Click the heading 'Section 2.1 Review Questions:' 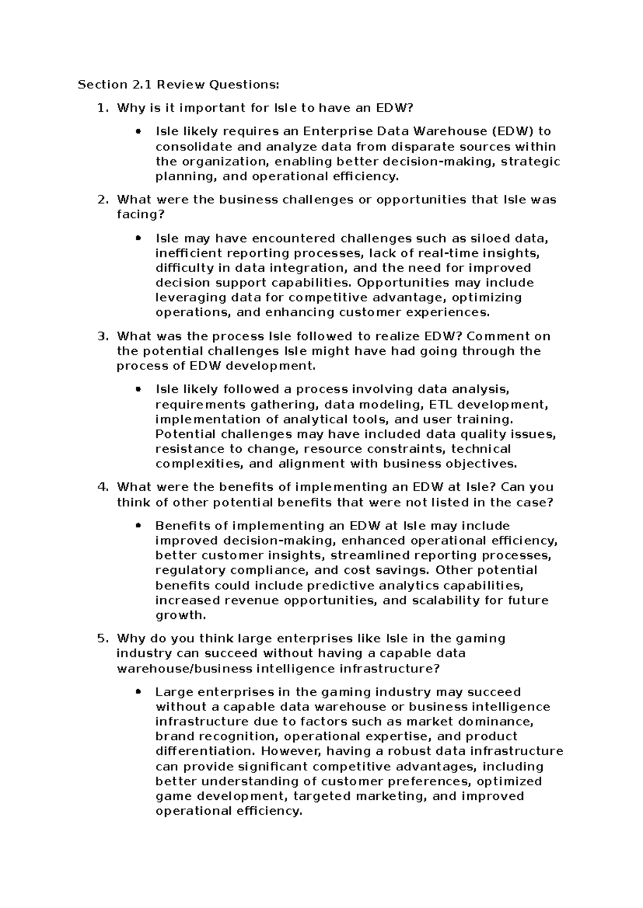pyautogui.click(x=178, y=85)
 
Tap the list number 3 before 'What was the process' pyautogui.click(x=102, y=336)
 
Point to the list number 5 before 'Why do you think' pyautogui.click(x=102, y=638)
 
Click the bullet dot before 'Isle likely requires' pyautogui.click(x=139, y=131)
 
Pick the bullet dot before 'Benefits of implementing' pyautogui.click(x=139, y=526)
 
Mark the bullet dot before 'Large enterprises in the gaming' pyautogui.click(x=139, y=692)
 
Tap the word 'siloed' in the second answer pyautogui.click(x=490, y=238)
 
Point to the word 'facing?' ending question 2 pyautogui.click(x=138, y=215)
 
